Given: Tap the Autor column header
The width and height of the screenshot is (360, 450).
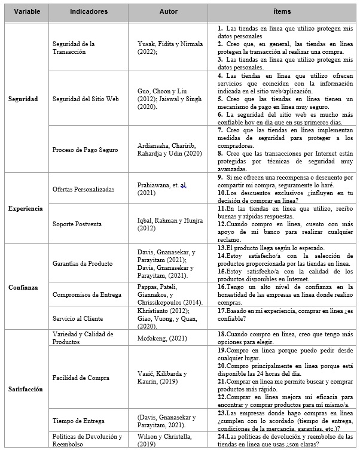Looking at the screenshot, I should [168, 11].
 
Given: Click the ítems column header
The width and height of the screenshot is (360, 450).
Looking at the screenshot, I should [283, 11].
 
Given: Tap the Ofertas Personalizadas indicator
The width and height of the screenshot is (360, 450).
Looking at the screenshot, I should [84, 189].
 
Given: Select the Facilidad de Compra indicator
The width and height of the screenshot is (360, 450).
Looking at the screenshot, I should [81, 377].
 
